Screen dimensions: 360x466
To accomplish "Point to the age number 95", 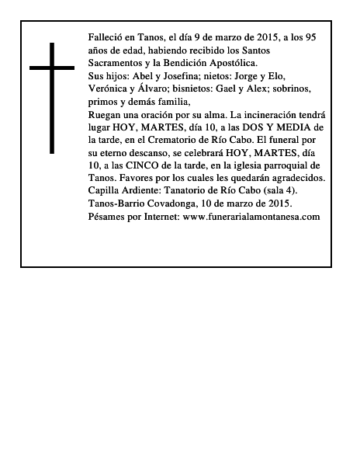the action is (310, 37).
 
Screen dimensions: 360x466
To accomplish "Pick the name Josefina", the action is (189, 76).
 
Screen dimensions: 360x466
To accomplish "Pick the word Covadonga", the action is (181, 203).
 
